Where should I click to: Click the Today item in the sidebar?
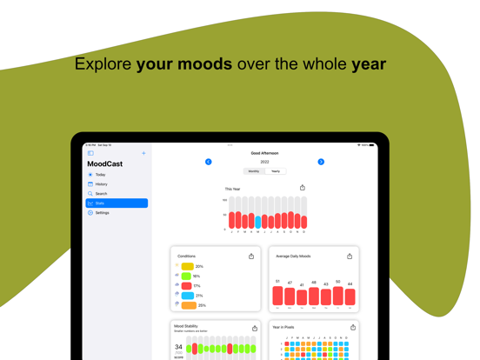coord(101,175)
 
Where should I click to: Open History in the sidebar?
coord(102,184)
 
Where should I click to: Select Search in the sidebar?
coord(102,194)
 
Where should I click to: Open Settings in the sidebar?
coord(103,213)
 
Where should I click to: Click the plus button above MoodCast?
coord(143,153)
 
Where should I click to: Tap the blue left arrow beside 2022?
coord(209,162)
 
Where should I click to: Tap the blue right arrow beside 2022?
coord(321,162)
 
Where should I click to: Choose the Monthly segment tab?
coord(254,171)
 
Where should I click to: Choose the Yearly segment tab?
coord(276,171)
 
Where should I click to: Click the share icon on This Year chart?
coord(303,188)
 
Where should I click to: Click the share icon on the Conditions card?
coord(251,257)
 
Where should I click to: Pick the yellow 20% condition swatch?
coord(187,267)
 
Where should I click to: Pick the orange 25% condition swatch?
coord(189,306)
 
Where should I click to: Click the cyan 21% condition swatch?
coord(187,296)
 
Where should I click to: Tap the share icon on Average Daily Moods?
coord(350,257)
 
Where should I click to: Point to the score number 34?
coord(178,347)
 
